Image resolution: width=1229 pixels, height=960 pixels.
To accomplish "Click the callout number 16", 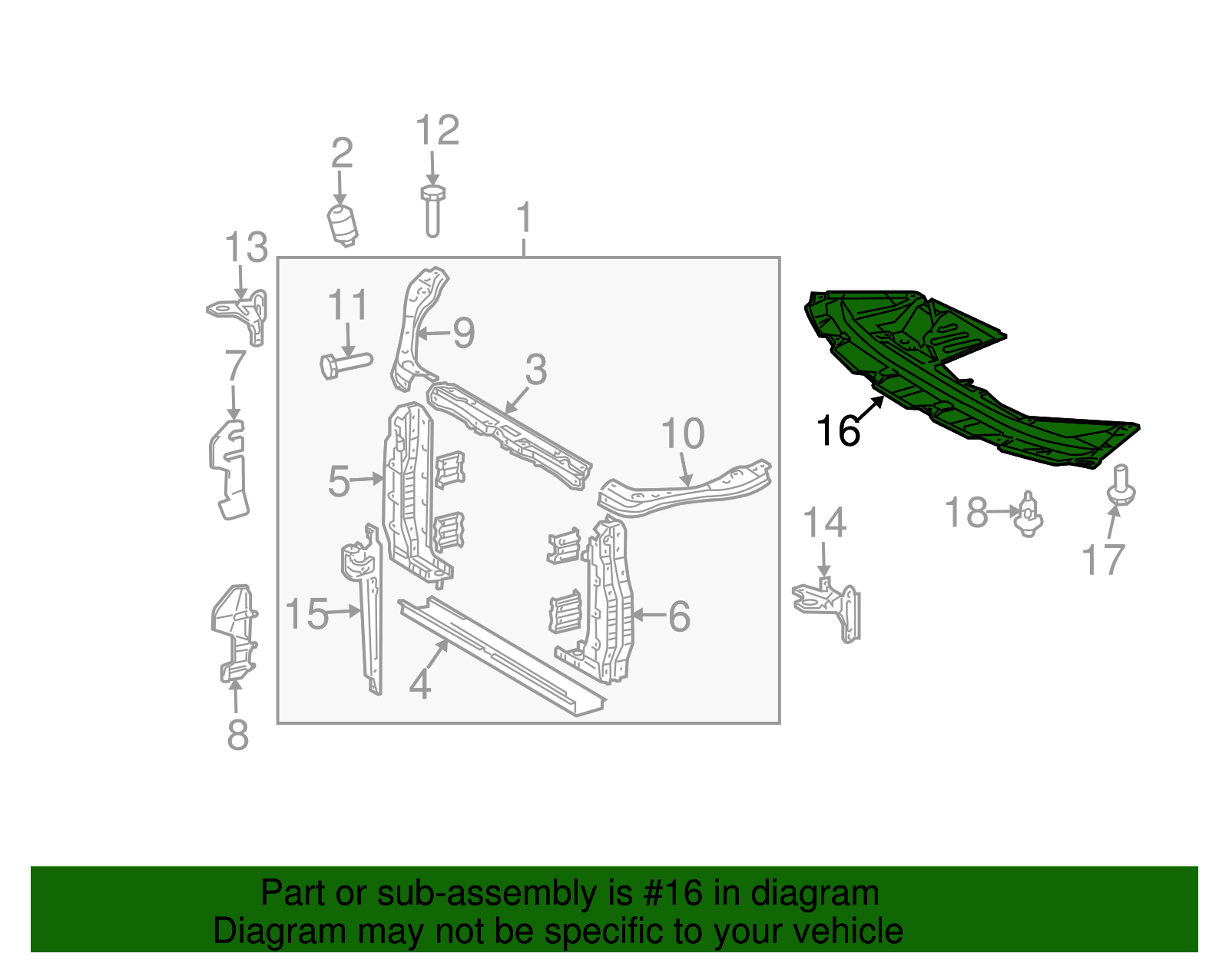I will pyautogui.click(x=838, y=430).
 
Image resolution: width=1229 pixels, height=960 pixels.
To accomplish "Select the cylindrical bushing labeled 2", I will pyautogui.click(x=343, y=224).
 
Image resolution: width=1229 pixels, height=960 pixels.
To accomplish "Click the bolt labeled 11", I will pyautogui.click(x=345, y=363).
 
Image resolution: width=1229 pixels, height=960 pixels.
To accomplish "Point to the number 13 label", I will pyautogui.click(x=246, y=248).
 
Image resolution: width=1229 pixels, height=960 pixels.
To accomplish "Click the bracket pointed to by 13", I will pyautogui.click(x=244, y=314).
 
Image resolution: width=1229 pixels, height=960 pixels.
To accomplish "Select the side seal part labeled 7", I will pyautogui.click(x=229, y=469).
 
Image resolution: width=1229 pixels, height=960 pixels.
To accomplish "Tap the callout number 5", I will pyautogui.click(x=338, y=481).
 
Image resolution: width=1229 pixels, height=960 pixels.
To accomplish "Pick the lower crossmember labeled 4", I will pyautogui.click(x=499, y=653).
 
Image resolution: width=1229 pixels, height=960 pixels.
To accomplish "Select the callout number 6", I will pyautogui.click(x=679, y=616).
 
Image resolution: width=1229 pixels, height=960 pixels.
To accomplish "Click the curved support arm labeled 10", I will pyautogui.click(x=684, y=488).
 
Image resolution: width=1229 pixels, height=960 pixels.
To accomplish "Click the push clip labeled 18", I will pyautogui.click(x=1029, y=513).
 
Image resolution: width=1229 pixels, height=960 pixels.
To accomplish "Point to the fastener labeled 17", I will pyautogui.click(x=1121, y=484).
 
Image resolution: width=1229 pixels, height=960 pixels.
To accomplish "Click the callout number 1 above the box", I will pyautogui.click(x=524, y=218).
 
